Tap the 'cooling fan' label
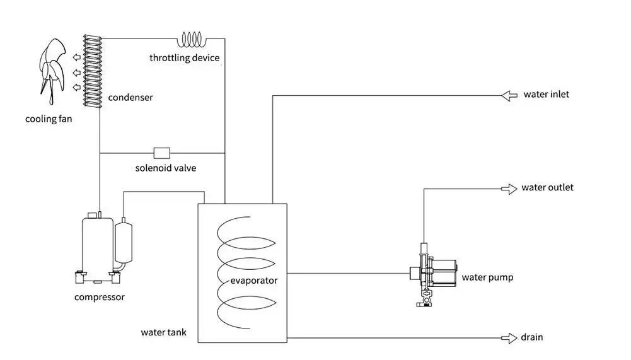point(49,119)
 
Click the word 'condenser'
point(130,98)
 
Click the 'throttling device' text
point(185,58)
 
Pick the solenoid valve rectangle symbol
point(162,153)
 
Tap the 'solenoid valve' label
point(166,168)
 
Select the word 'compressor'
point(100,297)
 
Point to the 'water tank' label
point(163,332)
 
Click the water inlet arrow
point(508,95)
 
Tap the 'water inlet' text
point(547,95)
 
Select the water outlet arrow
point(508,189)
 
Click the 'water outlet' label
point(547,188)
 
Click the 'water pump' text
point(487,277)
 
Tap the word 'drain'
point(532,337)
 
